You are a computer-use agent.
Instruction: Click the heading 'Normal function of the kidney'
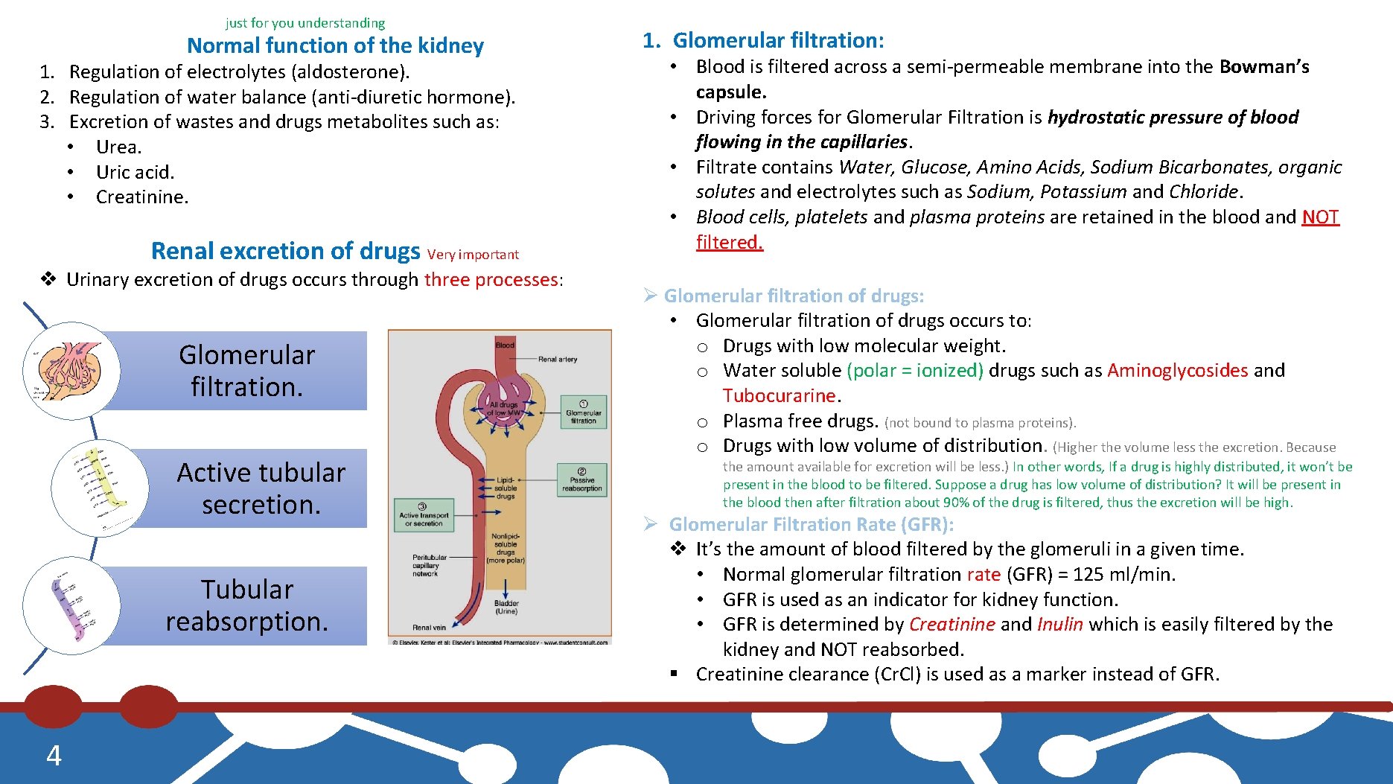pos(335,46)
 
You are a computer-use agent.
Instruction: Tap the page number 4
pos(54,756)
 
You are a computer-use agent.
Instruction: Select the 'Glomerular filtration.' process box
pos(246,371)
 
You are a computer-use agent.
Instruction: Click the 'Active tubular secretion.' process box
pos(261,488)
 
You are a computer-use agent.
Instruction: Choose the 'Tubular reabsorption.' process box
pos(246,605)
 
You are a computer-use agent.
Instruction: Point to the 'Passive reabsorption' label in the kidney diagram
pos(581,479)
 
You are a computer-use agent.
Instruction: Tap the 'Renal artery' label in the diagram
pos(558,359)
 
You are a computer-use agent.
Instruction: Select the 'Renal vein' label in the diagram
pos(430,627)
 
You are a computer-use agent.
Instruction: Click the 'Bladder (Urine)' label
pos(506,607)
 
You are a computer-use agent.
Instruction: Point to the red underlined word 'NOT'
pos(1320,217)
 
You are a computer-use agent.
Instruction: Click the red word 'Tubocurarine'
pos(779,395)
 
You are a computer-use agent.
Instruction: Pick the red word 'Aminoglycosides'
pos(1177,370)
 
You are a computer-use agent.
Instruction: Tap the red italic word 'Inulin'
pos(1059,624)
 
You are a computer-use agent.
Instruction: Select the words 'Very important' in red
pos(473,255)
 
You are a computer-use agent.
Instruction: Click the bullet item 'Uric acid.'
pos(135,172)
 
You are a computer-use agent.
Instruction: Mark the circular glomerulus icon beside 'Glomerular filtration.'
pos(71,370)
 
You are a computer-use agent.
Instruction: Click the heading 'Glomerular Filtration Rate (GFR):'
pos(811,524)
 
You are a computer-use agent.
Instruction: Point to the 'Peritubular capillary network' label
pos(430,565)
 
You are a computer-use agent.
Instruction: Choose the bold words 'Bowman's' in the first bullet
pos(1264,67)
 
